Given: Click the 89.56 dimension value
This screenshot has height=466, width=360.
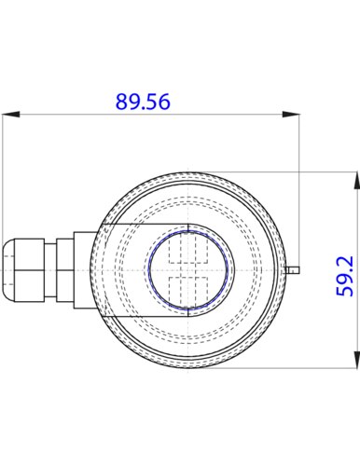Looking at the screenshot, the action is click(x=143, y=102).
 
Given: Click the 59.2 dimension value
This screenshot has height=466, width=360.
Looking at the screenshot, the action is click(x=345, y=276).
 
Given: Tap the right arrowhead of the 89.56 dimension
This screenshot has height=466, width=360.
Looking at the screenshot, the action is click(x=291, y=115).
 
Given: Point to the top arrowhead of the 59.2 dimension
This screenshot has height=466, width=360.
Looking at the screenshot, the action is click(x=355, y=180).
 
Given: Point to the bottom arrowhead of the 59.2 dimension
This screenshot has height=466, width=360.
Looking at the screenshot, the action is click(x=355, y=360).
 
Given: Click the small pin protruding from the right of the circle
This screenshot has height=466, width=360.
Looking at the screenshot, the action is click(x=293, y=270).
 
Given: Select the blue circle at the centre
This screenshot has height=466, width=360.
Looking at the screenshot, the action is click(x=188, y=270).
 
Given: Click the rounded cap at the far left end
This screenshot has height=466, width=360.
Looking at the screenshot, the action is click(x=8, y=270).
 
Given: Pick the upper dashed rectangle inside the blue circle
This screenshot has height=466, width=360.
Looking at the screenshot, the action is click(x=188, y=248).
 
